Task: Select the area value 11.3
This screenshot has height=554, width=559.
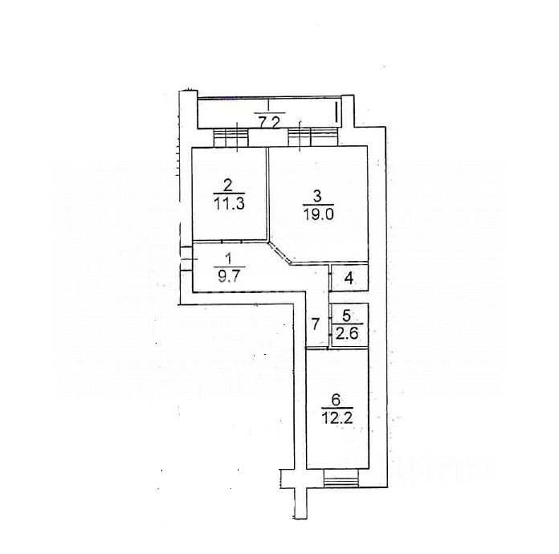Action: [x=229, y=203]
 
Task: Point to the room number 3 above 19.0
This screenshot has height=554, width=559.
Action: [x=317, y=195]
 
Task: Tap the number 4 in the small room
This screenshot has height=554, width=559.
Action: [x=349, y=279]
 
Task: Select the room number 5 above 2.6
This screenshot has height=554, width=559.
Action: [x=346, y=315]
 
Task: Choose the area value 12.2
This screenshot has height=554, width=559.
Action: [x=337, y=418]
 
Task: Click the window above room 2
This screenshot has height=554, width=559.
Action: [x=231, y=138]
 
